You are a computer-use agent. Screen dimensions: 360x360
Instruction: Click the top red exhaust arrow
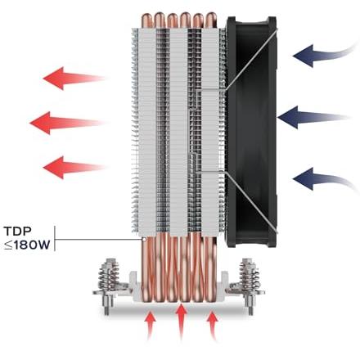tap(74, 79)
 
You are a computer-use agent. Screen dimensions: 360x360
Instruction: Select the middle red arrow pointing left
tap(67, 123)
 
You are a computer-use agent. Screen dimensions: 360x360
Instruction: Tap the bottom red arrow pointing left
tap(74, 168)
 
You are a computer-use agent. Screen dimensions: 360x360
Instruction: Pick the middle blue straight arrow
tap(313, 117)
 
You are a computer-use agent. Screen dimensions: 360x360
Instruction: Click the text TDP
tap(18, 232)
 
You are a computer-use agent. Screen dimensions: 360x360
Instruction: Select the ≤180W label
tap(27, 245)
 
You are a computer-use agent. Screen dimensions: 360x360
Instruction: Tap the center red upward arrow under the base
tap(182, 322)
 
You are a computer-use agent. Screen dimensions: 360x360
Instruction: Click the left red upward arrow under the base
tap(150, 326)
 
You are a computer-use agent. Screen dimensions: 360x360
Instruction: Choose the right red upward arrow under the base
tap(212, 326)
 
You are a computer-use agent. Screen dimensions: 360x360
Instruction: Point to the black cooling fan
tap(251, 131)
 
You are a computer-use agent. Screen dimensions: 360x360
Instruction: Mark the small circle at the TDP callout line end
tap(143, 240)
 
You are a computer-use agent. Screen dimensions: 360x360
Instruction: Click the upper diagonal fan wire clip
tap(251, 59)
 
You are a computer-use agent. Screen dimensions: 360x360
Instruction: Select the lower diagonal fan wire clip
tap(251, 202)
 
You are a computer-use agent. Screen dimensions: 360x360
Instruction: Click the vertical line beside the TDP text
tap(55, 238)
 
